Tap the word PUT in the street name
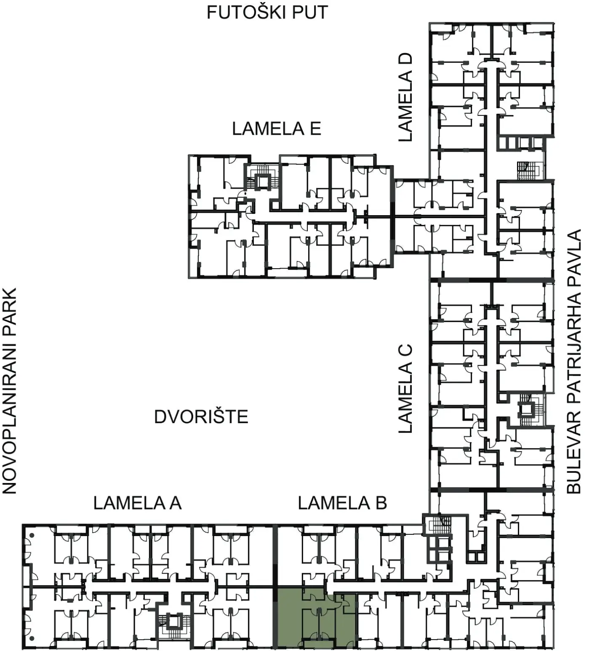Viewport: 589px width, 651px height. point(309,13)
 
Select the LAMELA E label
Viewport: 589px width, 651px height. point(277,128)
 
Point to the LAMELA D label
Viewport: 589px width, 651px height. point(405,97)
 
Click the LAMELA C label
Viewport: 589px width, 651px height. point(405,389)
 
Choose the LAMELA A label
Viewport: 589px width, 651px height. point(137,503)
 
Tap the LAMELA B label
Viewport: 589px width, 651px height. point(342,503)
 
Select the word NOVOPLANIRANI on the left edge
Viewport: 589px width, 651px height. point(9,421)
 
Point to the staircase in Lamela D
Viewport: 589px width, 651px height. point(529,170)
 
